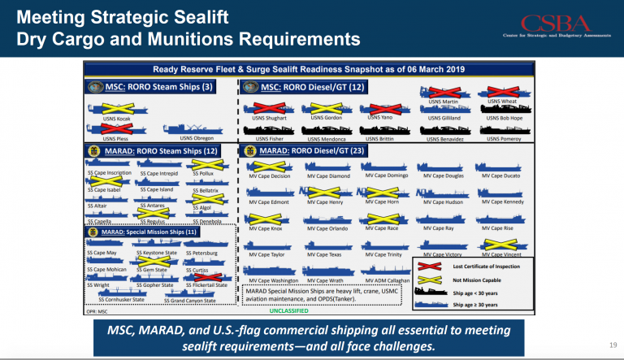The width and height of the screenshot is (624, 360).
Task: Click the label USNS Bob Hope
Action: pyautogui.click(x=504, y=119)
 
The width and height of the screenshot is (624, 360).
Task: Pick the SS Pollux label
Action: pyautogui.click(x=204, y=173)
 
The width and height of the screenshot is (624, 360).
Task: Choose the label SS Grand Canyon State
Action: pyautogui.click(x=191, y=300)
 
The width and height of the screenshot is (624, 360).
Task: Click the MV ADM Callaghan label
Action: pyautogui.click(x=388, y=280)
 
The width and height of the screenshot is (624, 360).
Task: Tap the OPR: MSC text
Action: pyautogui.click(x=98, y=310)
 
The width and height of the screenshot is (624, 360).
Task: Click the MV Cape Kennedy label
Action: pyautogui.click(x=504, y=202)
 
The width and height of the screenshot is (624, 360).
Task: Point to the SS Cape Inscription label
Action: pyautogui.click(x=108, y=173)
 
